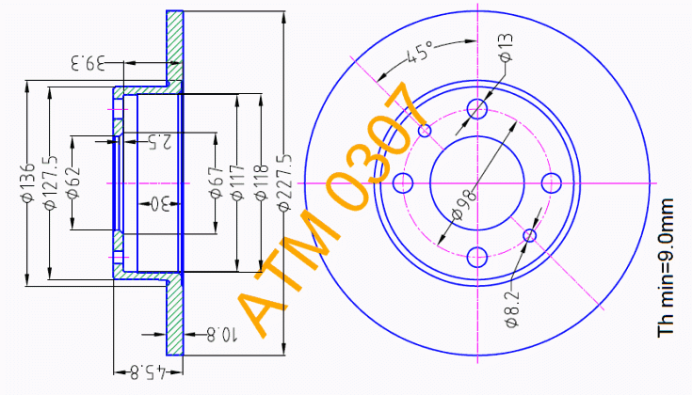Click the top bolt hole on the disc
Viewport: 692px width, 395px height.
[x=477, y=109]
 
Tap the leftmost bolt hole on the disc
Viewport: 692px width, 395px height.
[x=403, y=182]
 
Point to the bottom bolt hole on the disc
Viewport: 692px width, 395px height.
[x=477, y=256]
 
